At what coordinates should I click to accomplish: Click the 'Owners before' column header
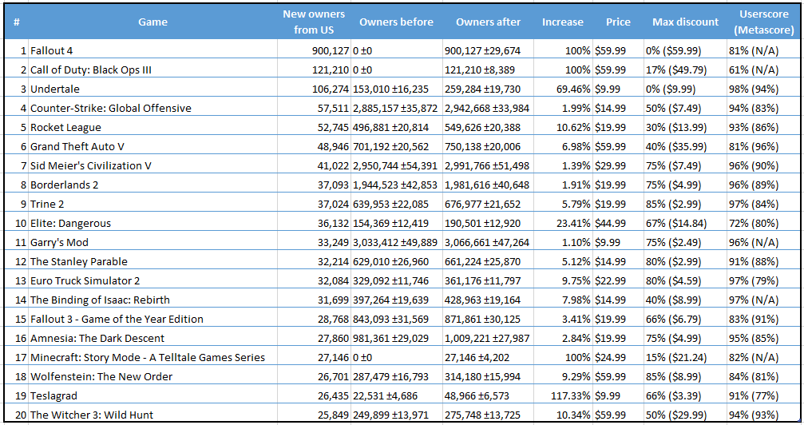(396, 22)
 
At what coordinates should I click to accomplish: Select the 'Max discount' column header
(685, 22)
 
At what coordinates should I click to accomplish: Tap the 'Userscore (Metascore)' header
(763, 22)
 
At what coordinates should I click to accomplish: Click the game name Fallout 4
(51, 51)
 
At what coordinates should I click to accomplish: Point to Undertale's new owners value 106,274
(331, 89)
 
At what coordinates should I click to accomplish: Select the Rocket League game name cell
(65, 127)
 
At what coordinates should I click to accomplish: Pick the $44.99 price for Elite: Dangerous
(610, 223)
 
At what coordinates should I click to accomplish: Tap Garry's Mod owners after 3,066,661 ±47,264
(487, 242)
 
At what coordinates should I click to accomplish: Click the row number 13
(21, 280)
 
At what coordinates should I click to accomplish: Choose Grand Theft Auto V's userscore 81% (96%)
(754, 147)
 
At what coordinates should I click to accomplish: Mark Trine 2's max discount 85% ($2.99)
(673, 205)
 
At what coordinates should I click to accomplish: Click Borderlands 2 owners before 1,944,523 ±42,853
(395, 185)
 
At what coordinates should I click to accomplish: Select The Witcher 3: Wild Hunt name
(92, 415)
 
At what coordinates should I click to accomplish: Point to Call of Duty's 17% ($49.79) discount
(676, 70)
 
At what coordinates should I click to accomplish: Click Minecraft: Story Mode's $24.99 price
(610, 357)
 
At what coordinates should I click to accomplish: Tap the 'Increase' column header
(563, 22)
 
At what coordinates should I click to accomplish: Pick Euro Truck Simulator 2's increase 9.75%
(576, 280)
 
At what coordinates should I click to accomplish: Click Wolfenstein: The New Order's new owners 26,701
(333, 377)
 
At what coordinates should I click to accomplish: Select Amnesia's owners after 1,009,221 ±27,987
(487, 338)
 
